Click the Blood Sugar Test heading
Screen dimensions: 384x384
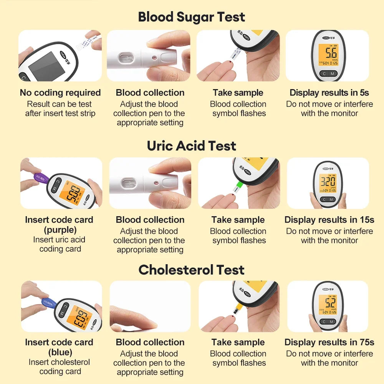tap(192, 17)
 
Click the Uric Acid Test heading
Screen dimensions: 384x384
tap(192, 146)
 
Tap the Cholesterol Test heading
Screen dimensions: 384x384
tap(192, 270)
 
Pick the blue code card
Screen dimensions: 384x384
tap(48, 303)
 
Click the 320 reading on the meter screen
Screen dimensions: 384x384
tap(328, 182)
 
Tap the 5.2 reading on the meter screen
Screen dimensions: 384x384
tap(330, 303)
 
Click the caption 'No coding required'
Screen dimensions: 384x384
tap(60, 93)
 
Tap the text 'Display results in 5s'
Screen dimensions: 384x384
tap(329, 93)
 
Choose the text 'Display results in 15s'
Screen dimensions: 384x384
tap(329, 220)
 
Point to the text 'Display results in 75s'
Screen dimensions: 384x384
tap(329, 342)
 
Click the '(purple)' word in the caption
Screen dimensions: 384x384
tap(60, 230)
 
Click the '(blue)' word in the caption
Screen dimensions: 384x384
tap(60, 353)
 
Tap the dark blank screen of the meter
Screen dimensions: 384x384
tap(46, 66)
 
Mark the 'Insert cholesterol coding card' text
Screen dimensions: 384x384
tap(60, 367)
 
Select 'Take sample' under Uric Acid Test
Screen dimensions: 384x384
tap(238, 220)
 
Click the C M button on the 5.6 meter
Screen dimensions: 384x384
tap(328, 73)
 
